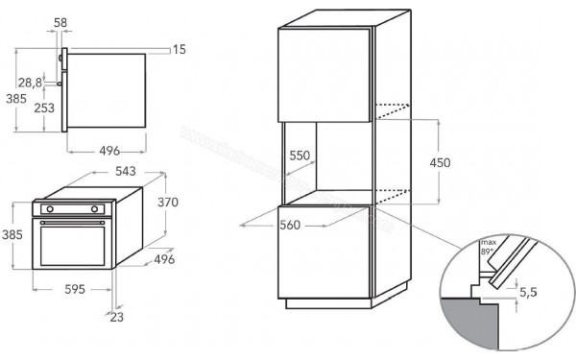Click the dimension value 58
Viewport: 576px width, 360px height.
60,21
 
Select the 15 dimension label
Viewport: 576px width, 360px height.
179,49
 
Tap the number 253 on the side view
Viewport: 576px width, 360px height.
42,108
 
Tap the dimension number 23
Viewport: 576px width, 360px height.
116,318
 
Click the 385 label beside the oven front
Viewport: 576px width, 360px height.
12,235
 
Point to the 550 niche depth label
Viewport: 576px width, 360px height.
300,154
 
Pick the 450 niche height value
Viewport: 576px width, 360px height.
440,163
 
